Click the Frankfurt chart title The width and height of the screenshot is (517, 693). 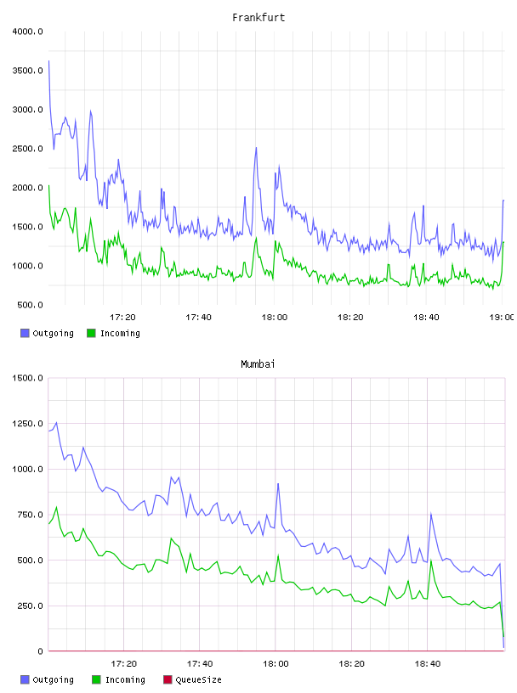tap(258, 17)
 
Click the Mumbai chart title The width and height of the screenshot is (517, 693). tap(258, 363)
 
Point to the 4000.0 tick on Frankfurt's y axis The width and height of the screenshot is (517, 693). tap(27, 31)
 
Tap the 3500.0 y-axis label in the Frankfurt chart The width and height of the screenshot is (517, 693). tap(27, 70)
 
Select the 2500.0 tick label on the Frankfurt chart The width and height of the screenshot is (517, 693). tap(27, 149)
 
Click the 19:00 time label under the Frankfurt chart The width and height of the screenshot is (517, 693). tap(502, 317)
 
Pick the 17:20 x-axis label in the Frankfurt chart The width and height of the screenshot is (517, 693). tap(122, 317)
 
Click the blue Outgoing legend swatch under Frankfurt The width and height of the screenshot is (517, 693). tap(25, 333)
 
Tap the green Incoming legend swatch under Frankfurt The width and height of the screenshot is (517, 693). tap(91, 333)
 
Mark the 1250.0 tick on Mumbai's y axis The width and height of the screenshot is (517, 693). tap(27, 424)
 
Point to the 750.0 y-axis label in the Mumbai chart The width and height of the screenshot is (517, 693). tap(30, 515)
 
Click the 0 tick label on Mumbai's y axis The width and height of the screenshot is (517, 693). tap(40, 651)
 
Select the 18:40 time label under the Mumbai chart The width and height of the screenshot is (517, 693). tap(428, 663)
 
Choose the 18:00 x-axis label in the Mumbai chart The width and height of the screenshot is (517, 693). tap(276, 663)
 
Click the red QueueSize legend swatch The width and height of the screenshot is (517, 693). tap(168, 679)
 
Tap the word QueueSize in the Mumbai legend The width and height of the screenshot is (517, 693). tap(198, 679)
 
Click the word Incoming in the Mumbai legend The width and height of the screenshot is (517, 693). tap(125, 679)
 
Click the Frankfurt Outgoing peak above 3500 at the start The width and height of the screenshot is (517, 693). tap(48, 61)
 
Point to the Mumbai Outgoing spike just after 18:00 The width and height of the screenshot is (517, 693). tap(278, 484)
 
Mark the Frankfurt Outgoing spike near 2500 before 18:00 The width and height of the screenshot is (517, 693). tap(256, 148)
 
